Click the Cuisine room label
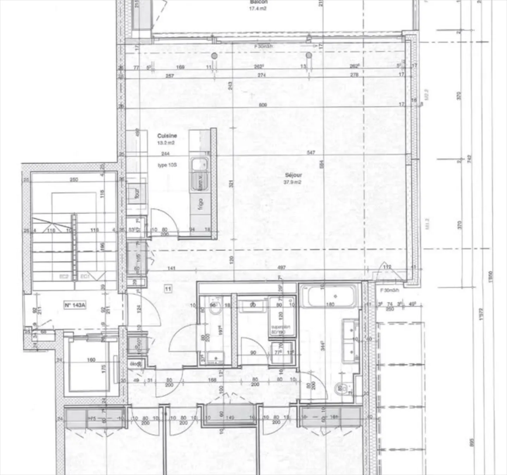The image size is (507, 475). (167, 136)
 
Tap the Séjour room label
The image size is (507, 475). (293, 175)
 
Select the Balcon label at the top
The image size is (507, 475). (258, 2)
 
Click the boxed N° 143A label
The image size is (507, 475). (75, 305)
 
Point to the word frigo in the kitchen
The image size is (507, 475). (201, 204)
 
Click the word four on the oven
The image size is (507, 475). (137, 193)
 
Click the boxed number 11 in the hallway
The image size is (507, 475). (168, 289)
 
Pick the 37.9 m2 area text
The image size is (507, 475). (293, 182)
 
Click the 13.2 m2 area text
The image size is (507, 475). (166, 143)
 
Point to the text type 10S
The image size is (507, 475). (167, 165)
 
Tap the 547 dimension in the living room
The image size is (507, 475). (311, 153)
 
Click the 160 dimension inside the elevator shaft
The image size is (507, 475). (91, 360)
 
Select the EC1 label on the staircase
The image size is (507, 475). (85, 277)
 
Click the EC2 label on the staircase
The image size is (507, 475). (64, 277)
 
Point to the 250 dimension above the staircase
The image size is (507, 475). (74, 180)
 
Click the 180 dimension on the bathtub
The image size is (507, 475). (330, 305)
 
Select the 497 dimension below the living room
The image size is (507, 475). (281, 268)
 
